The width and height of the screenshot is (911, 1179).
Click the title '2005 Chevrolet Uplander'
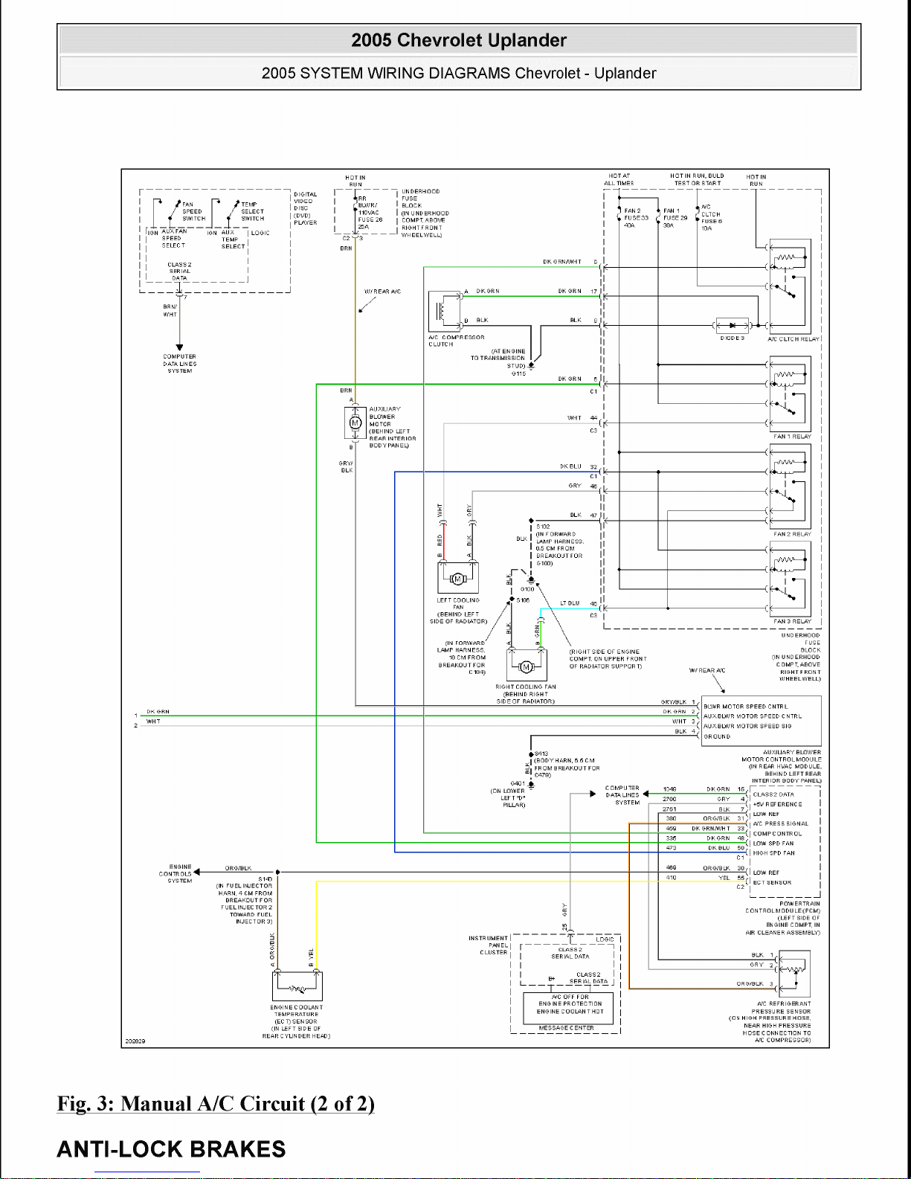coord(459,40)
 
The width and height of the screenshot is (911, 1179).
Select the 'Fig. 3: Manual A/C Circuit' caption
coord(216,1103)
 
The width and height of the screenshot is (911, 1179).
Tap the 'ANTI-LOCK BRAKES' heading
coord(171,1149)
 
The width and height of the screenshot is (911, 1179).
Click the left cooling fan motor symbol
coord(458,579)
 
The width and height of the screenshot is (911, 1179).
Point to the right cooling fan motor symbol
coord(527,666)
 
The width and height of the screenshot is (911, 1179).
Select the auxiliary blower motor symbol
coord(355,423)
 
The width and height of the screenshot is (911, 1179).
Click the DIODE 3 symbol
coord(733,326)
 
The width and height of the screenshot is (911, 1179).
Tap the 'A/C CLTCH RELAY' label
coord(793,339)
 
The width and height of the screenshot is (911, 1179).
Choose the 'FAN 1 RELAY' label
coord(792,437)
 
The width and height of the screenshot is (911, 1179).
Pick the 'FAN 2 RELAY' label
coord(792,534)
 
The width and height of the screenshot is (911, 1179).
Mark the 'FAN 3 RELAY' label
coord(792,621)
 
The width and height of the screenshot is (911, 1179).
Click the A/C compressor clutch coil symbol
coord(444,309)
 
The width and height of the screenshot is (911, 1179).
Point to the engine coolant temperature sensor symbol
coord(297,988)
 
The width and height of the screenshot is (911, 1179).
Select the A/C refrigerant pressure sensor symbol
coord(793,970)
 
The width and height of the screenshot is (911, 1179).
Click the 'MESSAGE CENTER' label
coord(566,1028)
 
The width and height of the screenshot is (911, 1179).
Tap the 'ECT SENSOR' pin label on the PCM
coord(772,883)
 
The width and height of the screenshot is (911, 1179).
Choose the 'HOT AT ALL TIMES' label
coord(619,179)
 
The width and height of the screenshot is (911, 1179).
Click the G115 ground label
coord(518,373)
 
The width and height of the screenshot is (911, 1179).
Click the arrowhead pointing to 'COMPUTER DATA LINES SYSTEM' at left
coord(179,347)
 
